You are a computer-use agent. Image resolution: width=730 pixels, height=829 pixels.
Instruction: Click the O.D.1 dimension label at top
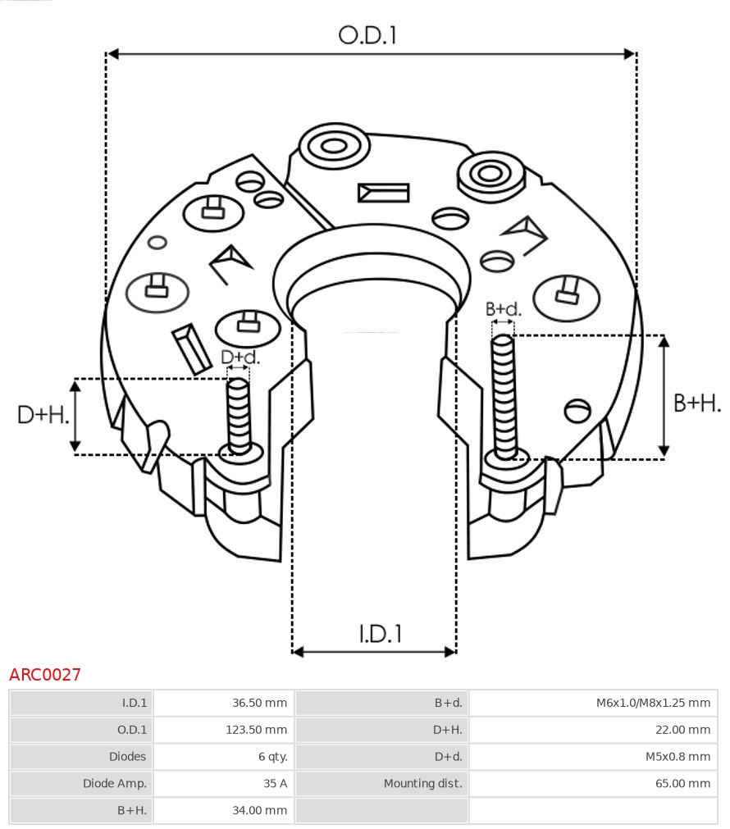(x=367, y=35)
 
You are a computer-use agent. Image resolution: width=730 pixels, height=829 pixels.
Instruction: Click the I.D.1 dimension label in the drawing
(x=381, y=633)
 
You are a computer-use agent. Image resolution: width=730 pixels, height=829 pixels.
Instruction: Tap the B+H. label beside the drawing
(x=696, y=403)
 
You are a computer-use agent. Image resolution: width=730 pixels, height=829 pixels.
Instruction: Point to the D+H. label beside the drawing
(x=43, y=415)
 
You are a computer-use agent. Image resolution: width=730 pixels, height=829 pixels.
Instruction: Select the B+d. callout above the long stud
(x=503, y=309)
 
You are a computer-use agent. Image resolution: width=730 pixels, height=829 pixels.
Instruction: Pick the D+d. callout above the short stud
(x=240, y=358)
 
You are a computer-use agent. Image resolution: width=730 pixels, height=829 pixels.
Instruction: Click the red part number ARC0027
(x=45, y=675)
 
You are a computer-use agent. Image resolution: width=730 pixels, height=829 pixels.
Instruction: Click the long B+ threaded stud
(x=504, y=398)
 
